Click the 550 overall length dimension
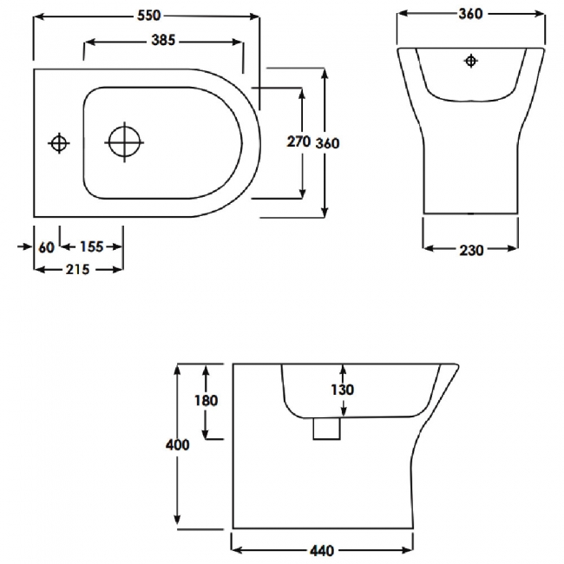[x=146, y=16]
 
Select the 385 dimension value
[x=165, y=41]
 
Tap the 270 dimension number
[x=298, y=142]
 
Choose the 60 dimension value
[x=47, y=246]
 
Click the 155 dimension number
[x=91, y=246]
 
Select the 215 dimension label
[x=78, y=270]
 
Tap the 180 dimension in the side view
[x=206, y=401]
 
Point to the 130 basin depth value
[x=343, y=390]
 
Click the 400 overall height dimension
[x=177, y=444]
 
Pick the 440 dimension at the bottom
[x=322, y=549]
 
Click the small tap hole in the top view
[x=58, y=142]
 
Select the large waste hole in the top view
[x=123, y=142]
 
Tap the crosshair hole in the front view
[x=470, y=61]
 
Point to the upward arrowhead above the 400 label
[x=178, y=370]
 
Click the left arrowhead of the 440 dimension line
[x=237, y=548]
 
